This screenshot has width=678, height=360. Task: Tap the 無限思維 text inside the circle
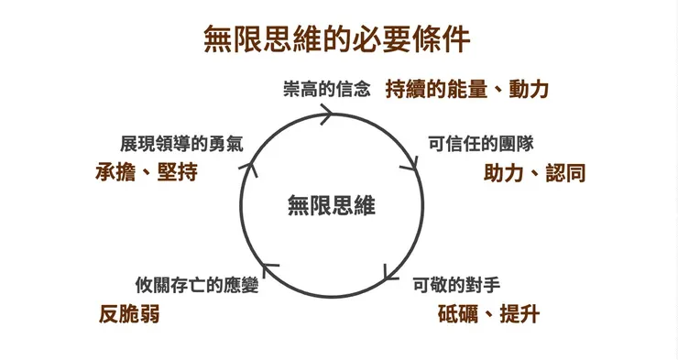tap(332, 205)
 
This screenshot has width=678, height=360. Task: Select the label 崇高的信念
tap(327, 90)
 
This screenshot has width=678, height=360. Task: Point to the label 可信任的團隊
tap(476, 145)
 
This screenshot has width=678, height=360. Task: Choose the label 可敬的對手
tap(456, 284)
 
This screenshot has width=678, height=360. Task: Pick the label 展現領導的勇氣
tap(181, 145)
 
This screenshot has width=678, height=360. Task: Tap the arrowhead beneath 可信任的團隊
tap(412, 166)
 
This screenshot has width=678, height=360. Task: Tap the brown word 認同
tap(565, 172)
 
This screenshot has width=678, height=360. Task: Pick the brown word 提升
tap(519, 314)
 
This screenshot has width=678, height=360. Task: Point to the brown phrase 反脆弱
tap(129, 314)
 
